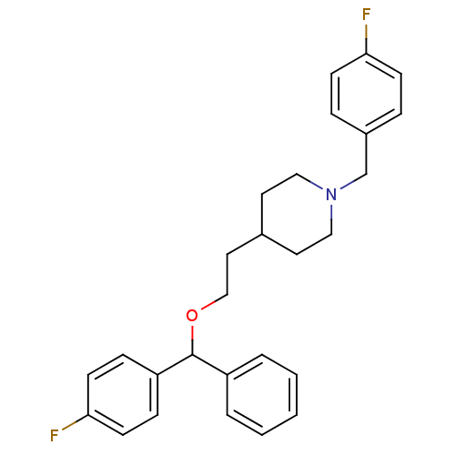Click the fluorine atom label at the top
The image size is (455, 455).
pyautogui.click(x=367, y=15)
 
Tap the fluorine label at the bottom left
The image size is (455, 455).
pyautogui.click(x=55, y=436)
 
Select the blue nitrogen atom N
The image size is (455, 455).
pyautogui.click(x=331, y=195)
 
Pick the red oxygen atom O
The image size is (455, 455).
pyautogui.click(x=192, y=316)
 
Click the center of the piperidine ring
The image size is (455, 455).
pyautogui.click(x=297, y=214)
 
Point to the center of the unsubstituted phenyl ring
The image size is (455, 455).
pyautogui.click(x=262, y=395)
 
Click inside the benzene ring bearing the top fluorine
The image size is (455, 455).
pyautogui.click(x=367, y=94)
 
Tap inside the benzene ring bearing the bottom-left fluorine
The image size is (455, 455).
pyautogui.click(x=123, y=395)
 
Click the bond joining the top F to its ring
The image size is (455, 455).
pyautogui.click(x=367, y=38)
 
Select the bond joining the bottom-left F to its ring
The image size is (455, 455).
pyautogui.click(x=75, y=422)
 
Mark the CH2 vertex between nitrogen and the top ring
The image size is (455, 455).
pyautogui.click(x=367, y=174)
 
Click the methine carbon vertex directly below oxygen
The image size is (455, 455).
pyautogui.click(x=192, y=355)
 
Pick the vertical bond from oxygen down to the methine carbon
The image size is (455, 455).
pyautogui.click(x=192, y=339)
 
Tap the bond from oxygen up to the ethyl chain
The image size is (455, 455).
pyautogui.click(x=214, y=302)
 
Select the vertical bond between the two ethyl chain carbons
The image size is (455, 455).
pyautogui.click(x=227, y=274)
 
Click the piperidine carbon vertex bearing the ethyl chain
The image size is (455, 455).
pyautogui.click(x=262, y=234)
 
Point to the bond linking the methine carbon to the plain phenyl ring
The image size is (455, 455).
pyautogui.click(x=209, y=365)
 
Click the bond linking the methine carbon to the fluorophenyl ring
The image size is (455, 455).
pyautogui.click(x=175, y=365)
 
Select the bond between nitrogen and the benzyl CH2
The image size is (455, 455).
pyautogui.click(x=353, y=182)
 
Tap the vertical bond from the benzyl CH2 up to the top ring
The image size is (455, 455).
pyautogui.click(x=367, y=154)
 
